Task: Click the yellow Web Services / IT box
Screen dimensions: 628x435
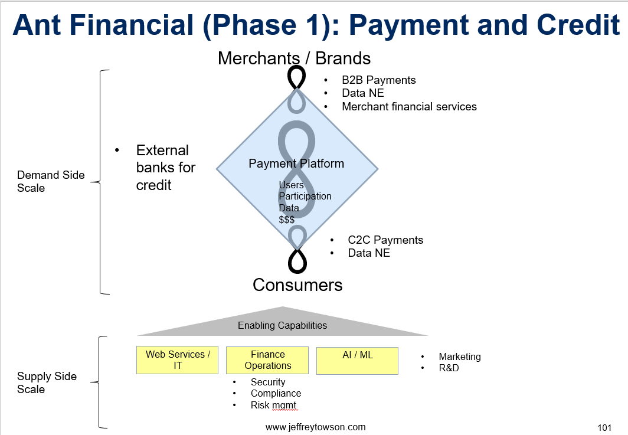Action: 178,360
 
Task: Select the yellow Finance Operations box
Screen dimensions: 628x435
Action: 267,360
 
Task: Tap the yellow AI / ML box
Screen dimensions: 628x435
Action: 357,361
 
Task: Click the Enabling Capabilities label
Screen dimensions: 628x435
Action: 282,325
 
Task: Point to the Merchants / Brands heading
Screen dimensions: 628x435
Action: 294,58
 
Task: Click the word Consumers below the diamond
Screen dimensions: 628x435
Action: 297,285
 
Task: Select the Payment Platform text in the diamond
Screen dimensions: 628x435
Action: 296,163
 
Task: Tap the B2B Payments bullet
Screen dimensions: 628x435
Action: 378,80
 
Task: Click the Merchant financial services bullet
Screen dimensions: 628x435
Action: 410,107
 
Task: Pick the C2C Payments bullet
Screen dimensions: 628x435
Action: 385,240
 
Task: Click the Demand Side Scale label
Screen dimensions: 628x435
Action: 51,181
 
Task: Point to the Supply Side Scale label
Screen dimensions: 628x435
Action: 47,382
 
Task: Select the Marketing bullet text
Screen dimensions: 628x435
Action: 460,356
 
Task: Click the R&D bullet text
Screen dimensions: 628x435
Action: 449,368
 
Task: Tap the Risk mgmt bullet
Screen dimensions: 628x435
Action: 273,405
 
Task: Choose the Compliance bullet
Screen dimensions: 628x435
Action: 276,393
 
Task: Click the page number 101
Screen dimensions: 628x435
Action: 604,428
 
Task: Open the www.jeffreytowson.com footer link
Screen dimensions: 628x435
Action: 316,427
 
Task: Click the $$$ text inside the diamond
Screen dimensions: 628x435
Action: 287,220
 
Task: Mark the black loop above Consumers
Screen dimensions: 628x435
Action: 297,261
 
